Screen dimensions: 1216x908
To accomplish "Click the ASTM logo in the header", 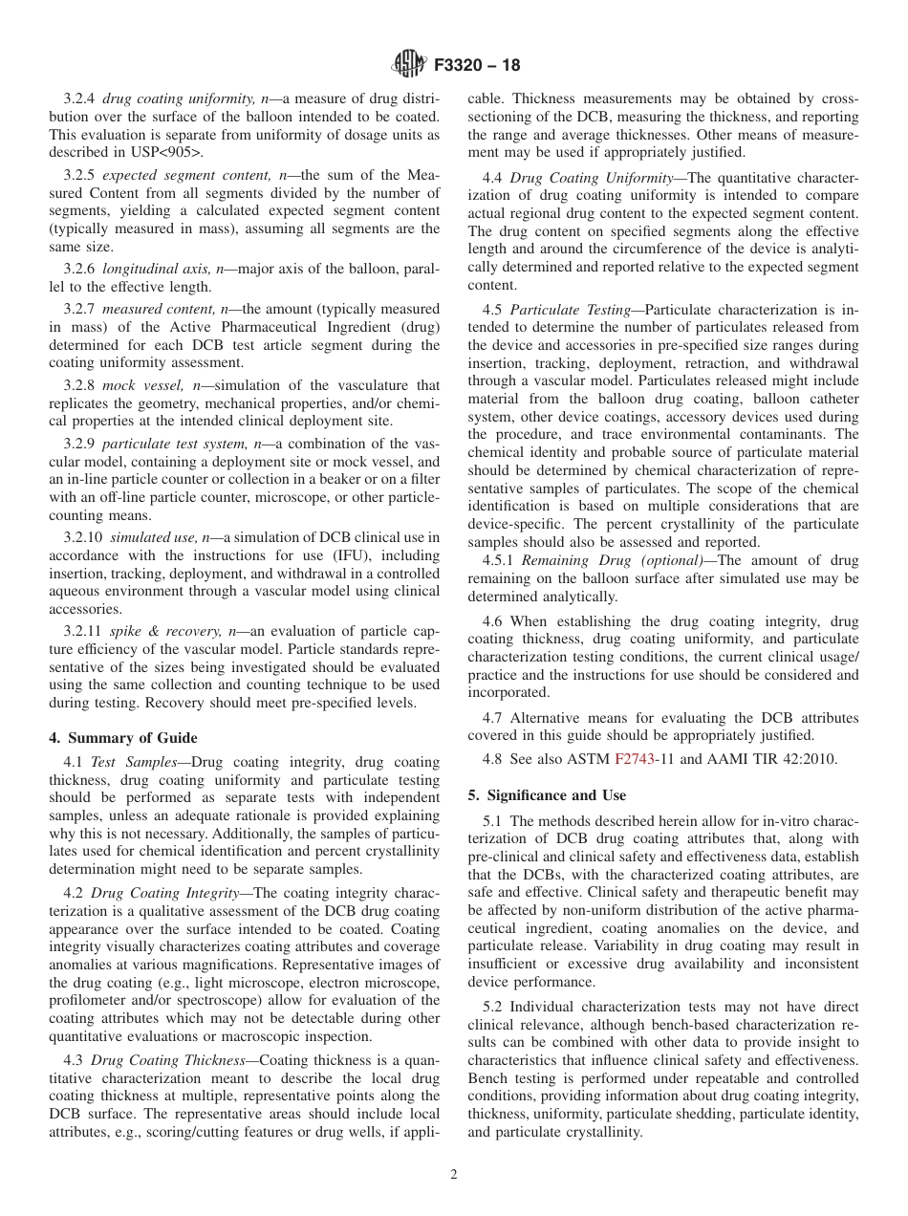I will click(x=409, y=65).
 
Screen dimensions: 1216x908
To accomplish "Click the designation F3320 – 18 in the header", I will click(x=476, y=66).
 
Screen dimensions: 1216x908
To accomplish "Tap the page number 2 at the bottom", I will click(x=454, y=1175).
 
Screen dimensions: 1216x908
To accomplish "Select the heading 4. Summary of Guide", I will click(x=123, y=738).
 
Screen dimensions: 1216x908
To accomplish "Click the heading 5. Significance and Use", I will click(x=547, y=795).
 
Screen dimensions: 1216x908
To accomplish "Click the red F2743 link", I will click(x=634, y=760).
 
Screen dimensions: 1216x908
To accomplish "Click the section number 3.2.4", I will click(x=79, y=98).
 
